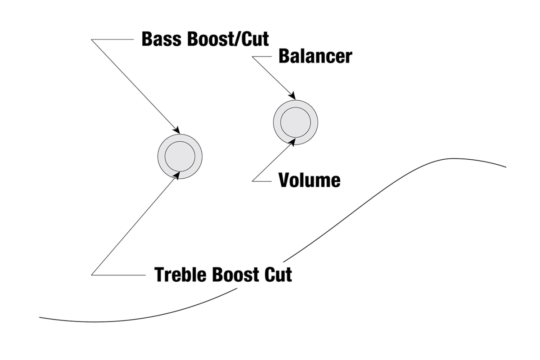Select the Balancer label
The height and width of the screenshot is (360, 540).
(x=315, y=57)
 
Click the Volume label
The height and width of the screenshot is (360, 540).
(x=309, y=180)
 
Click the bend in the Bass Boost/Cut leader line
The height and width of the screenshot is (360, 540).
(x=92, y=40)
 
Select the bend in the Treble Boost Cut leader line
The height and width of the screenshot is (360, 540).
(x=92, y=274)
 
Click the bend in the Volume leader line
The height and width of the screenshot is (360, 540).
(x=253, y=181)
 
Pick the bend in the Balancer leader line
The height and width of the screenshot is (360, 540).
(x=253, y=57)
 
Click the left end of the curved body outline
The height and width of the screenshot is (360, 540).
(x=40, y=318)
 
